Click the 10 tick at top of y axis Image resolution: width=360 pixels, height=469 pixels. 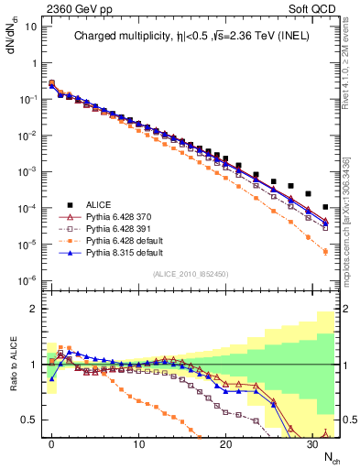[x=29, y=26]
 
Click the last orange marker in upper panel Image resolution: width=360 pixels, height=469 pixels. [x=326, y=251]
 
